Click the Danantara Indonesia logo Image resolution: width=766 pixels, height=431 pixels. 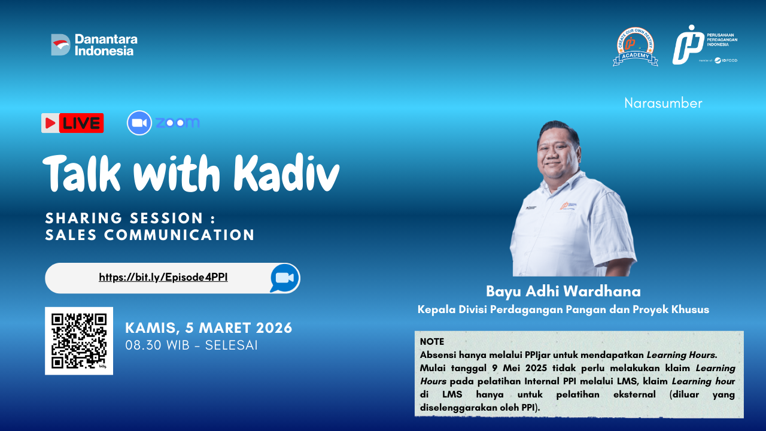coord(95,45)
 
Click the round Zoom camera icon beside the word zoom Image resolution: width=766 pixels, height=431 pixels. coord(139,123)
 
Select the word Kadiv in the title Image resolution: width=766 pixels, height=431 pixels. coord(287,174)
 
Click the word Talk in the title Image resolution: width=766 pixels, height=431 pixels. coord(81,174)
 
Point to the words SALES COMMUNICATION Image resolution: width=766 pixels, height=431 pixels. coord(150,235)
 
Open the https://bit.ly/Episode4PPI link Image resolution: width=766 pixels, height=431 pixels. coord(163,277)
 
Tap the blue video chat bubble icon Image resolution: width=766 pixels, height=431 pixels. coord(284,278)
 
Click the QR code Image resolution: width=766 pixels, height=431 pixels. coord(79,341)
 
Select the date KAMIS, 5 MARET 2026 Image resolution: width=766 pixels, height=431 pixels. coord(209,328)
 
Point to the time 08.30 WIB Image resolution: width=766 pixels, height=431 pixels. coord(157,345)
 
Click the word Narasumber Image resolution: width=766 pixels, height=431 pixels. coord(663,103)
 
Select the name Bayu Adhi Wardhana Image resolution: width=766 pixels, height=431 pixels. coord(563,291)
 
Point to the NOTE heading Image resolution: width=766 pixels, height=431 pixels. coord(432,341)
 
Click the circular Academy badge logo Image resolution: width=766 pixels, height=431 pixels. coord(636,47)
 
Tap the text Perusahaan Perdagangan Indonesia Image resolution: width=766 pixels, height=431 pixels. coord(722,40)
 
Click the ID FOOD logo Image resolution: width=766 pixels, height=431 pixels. coord(726,60)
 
